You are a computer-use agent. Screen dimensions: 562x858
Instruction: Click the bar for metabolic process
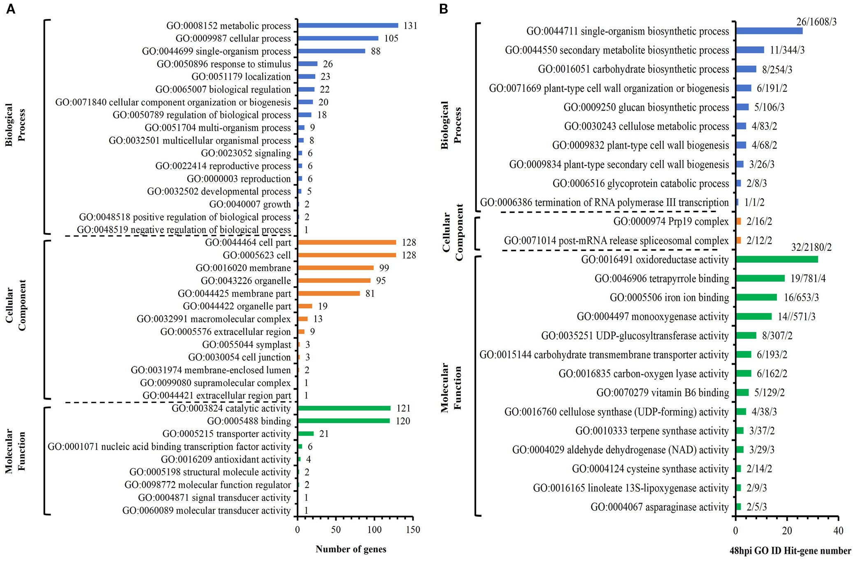click(x=348, y=25)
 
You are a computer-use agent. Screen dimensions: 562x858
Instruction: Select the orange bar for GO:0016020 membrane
click(x=335, y=268)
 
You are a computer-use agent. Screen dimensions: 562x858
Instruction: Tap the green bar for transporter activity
click(x=305, y=434)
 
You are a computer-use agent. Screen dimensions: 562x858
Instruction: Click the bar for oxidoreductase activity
click(x=777, y=259)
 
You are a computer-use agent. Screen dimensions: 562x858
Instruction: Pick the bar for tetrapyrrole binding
click(x=760, y=278)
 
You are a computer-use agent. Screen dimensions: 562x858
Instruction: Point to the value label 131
click(x=410, y=26)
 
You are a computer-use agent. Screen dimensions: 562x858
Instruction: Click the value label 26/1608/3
click(x=816, y=22)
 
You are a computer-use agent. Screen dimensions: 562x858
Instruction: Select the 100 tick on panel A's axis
click(x=374, y=530)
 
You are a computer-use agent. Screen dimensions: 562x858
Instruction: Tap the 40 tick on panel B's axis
click(x=838, y=531)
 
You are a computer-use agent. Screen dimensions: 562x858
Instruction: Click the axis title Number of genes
click(x=351, y=549)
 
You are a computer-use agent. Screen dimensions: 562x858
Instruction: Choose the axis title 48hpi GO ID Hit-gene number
click(x=790, y=551)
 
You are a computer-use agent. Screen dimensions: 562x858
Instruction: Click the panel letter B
click(x=443, y=9)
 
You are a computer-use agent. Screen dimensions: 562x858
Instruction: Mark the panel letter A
click(x=11, y=9)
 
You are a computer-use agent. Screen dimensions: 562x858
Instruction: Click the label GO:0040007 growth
click(x=250, y=204)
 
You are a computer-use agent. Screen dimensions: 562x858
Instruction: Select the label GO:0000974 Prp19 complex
click(x=671, y=222)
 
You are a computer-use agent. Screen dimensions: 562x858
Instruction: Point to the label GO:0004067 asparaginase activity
click(x=659, y=507)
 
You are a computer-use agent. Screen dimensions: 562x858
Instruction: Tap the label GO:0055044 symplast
click(x=246, y=345)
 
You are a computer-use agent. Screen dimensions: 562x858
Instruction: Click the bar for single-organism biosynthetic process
click(x=769, y=31)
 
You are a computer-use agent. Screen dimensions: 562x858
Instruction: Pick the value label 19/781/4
click(x=808, y=279)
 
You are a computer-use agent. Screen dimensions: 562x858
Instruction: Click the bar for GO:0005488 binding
click(x=344, y=421)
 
